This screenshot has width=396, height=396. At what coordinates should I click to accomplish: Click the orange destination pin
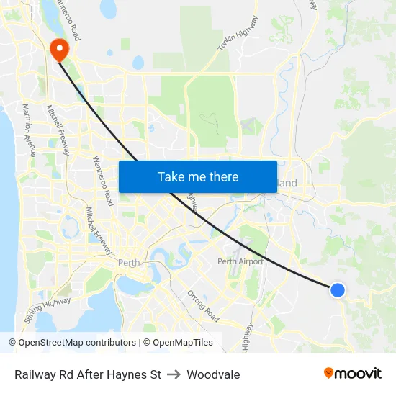point(58,48)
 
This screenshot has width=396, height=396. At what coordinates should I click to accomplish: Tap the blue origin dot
point(337,289)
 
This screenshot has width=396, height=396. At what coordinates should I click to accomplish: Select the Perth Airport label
point(240,261)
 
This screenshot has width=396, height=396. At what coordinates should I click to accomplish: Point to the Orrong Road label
point(202,305)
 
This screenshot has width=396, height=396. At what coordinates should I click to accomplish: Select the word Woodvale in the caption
point(213,374)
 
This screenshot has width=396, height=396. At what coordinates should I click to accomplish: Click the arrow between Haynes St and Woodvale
point(174,374)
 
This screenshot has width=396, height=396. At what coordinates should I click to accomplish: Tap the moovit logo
point(353,373)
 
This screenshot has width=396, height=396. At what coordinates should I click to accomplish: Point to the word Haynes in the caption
point(127,374)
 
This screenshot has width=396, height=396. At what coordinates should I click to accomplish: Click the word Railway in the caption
point(35,374)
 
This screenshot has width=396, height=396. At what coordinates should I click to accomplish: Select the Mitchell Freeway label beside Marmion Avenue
point(57,130)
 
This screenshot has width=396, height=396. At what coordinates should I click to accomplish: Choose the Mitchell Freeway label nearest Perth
point(98,230)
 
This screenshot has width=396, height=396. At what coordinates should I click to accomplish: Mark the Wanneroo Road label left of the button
point(102,181)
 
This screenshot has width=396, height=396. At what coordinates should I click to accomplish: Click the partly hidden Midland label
point(287,184)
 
